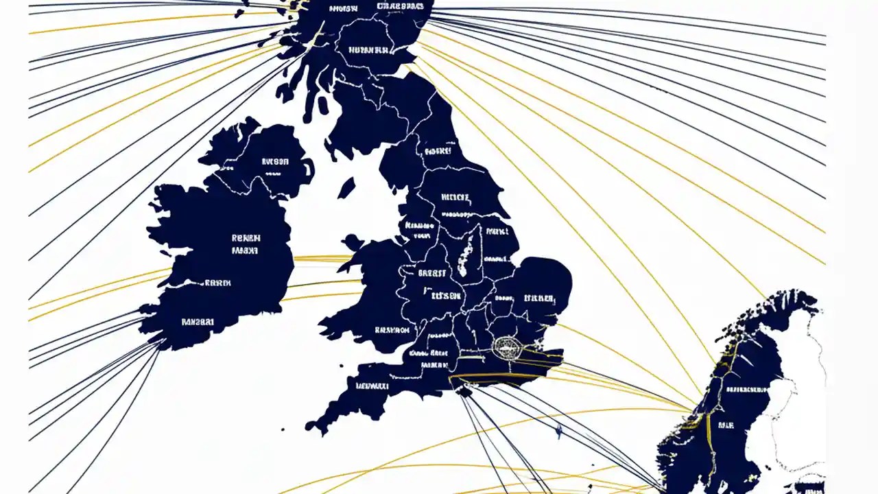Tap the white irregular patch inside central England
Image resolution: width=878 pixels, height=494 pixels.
coord(469,252)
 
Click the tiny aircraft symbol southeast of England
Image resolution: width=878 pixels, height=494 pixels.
coord(558,431)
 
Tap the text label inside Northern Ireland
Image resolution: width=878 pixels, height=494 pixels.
coord(275,163)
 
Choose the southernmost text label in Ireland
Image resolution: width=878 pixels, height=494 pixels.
coord(198,321)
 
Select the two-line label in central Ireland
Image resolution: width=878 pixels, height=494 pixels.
coord(246,244)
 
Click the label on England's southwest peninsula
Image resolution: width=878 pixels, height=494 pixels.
coord(372,386)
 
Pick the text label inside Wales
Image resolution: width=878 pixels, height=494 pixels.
coord(392,330)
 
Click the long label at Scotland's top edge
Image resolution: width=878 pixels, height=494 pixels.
coord(401,6)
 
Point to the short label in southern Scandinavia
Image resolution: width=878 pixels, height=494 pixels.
coord(726,426)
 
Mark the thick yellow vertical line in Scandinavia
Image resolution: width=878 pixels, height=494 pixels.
coord(711,439)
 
